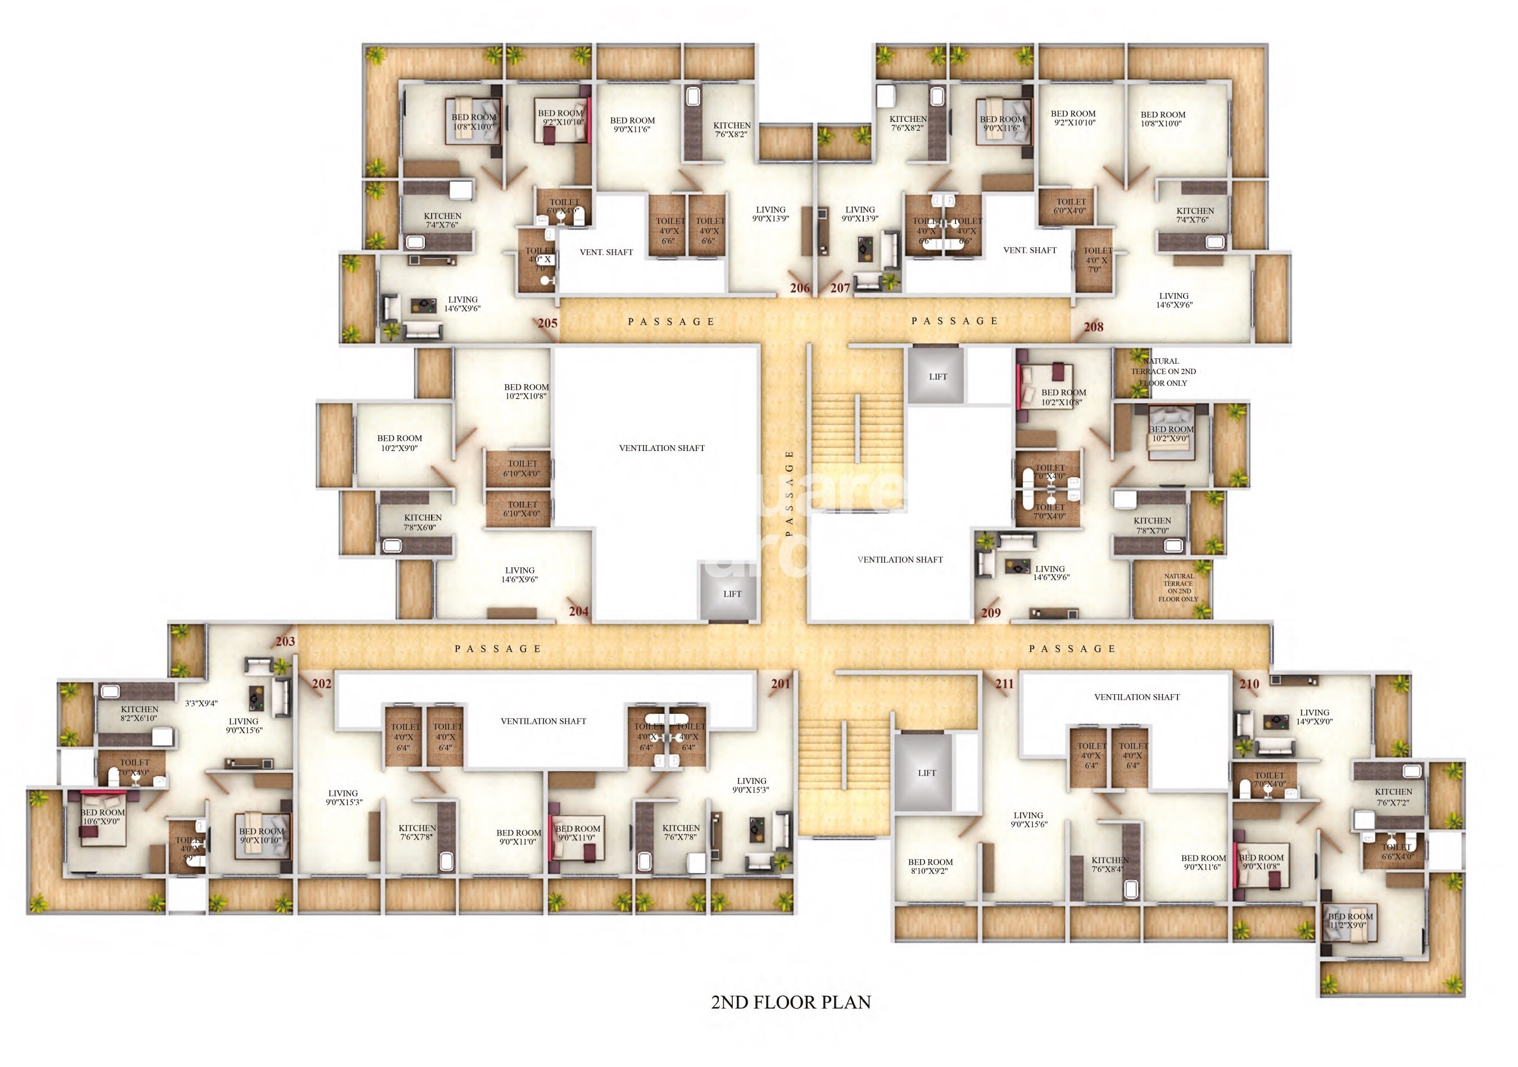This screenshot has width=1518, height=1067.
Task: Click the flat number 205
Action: point(547,323)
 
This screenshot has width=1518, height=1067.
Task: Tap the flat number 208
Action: point(1093,326)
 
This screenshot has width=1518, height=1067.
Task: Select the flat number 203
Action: point(285,641)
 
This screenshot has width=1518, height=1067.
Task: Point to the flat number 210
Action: point(1249,684)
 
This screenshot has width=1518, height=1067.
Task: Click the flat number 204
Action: point(578,611)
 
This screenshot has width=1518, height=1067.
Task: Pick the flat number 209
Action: point(990,613)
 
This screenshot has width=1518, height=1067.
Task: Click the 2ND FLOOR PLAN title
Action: point(791,1002)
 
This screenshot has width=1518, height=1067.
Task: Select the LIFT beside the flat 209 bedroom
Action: point(937,377)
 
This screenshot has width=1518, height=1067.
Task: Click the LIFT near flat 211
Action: point(926,773)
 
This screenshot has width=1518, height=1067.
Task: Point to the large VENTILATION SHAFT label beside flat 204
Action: point(662,448)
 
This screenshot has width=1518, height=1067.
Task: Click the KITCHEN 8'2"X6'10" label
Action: point(139,714)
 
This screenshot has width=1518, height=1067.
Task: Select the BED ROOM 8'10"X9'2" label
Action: point(930,866)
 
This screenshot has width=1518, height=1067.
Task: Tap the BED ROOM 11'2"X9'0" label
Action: point(1350,921)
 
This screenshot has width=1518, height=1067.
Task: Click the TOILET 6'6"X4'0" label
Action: point(1397,851)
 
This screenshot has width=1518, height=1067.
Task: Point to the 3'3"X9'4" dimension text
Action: point(201,703)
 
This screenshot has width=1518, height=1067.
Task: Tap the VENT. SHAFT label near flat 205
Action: point(606,252)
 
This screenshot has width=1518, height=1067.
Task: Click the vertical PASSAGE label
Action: point(789,492)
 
